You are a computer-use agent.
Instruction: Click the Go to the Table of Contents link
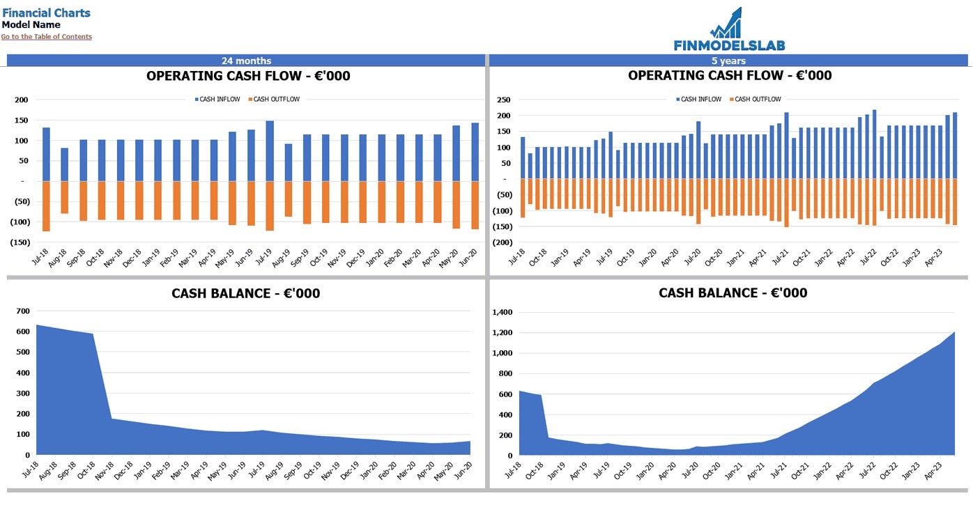pyautogui.click(x=46, y=37)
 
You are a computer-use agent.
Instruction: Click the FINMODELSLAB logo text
pyautogui.click(x=729, y=45)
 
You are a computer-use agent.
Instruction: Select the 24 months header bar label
pyautogui.click(x=246, y=61)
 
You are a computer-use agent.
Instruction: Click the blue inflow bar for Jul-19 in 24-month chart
pyautogui.click(x=269, y=151)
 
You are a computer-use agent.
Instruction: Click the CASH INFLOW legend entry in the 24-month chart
pyautogui.click(x=219, y=100)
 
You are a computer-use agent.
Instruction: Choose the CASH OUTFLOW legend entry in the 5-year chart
pyautogui.click(x=757, y=100)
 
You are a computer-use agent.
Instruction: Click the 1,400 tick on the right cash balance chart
pyautogui.click(x=503, y=312)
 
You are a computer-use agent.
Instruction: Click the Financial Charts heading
pyautogui.click(x=46, y=13)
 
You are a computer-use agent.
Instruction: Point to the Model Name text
pyautogui.click(x=31, y=25)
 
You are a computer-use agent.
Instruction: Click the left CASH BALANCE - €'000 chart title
pyautogui.click(x=245, y=293)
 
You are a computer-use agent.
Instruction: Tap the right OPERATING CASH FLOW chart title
pyautogui.click(x=729, y=75)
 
